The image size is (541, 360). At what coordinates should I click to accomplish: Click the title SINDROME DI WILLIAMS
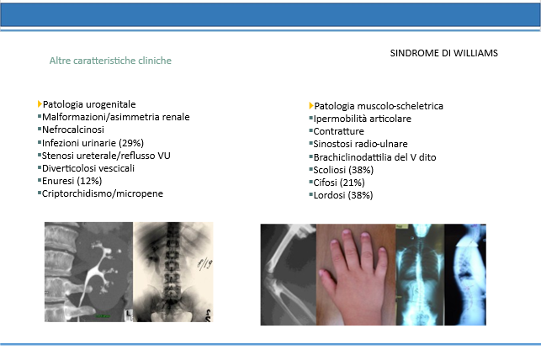[x=443, y=53]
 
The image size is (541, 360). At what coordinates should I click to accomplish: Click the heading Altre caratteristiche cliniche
[x=110, y=61]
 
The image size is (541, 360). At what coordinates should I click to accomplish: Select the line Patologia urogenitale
[x=89, y=104]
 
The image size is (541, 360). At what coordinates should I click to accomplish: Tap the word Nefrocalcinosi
[x=73, y=130]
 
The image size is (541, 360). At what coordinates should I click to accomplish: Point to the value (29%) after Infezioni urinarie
[x=131, y=143]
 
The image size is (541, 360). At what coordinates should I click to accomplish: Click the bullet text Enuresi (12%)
[x=72, y=181]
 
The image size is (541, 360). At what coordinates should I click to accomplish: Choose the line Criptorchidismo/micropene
[x=102, y=193]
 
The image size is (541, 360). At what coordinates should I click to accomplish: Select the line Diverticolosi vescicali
[x=88, y=168]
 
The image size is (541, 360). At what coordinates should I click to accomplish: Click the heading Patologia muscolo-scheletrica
[x=379, y=106]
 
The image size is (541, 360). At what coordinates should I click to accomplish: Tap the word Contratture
[x=338, y=131]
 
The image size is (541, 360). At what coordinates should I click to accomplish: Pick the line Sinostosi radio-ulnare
[x=360, y=144]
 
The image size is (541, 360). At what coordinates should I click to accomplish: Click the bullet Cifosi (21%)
[x=339, y=183]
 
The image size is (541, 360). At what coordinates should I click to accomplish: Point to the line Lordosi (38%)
[x=343, y=195]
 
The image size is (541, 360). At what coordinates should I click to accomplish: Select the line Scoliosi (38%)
[x=343, y=170]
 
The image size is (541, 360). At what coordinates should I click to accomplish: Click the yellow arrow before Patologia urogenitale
[x=40, y=103]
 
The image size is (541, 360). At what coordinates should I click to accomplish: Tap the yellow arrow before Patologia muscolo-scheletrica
[x=311, y=105]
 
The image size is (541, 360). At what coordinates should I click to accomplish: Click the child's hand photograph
[x=356, y=274]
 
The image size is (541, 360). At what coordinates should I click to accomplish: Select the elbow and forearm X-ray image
[x=289, y=274]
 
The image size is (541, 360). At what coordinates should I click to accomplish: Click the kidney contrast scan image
[x=88, y=272]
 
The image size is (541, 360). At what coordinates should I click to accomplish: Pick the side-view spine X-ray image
[x=465, y=274]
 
